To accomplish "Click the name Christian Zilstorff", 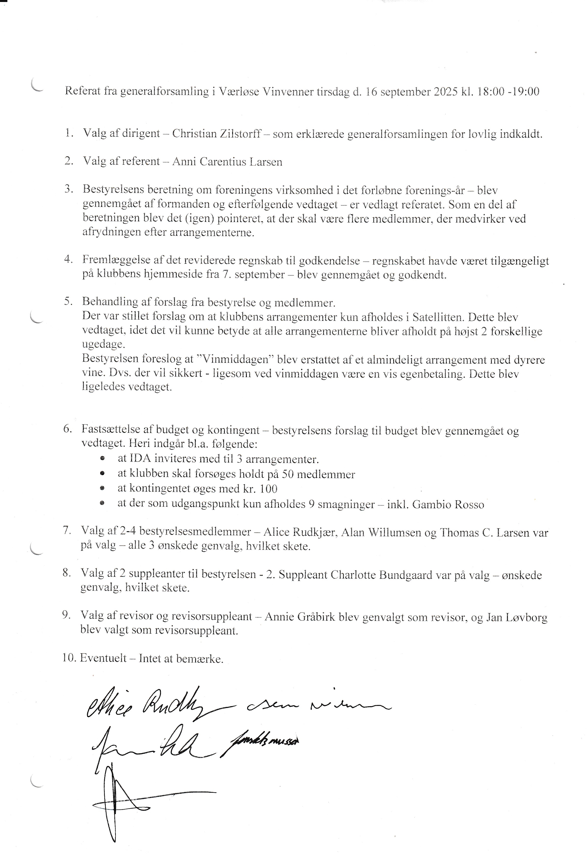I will click(216, 134).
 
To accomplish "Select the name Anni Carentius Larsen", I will click(227, 162).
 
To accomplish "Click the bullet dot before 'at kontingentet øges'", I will click(102, 489).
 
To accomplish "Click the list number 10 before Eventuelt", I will click(69, 658).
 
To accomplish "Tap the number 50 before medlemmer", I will click(287, 474).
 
